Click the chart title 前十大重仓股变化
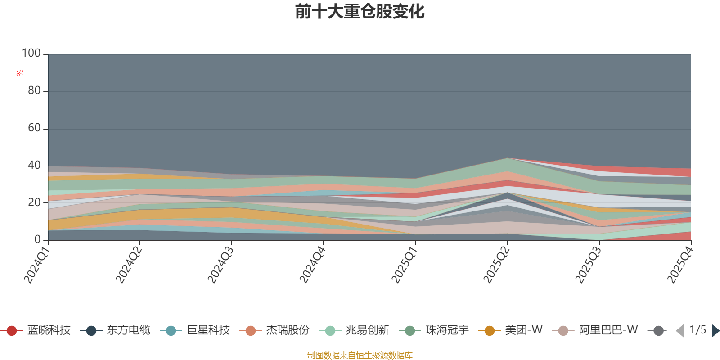point(360,12)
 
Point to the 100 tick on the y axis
point(31,53)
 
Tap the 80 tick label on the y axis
point(34,90)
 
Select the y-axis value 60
point(34,128)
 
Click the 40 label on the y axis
point(34,165)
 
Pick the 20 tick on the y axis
point(34,202)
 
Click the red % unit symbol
point(20,73)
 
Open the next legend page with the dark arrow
point(715,330)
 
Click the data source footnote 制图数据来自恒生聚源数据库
point(360,355)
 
